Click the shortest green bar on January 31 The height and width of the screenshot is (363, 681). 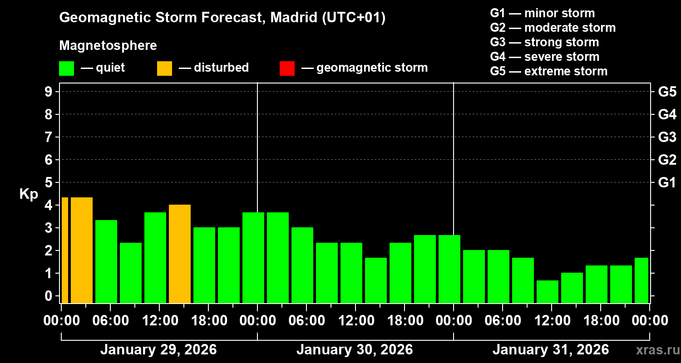547,291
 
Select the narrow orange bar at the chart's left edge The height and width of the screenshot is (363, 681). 64,250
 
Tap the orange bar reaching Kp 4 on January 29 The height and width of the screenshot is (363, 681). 179,254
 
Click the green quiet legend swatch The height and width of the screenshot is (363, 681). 66,69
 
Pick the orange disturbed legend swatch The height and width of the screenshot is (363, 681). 164,69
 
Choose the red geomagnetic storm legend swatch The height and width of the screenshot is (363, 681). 287,69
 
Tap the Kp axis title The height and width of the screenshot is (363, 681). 29,194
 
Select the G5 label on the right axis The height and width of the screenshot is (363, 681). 667,92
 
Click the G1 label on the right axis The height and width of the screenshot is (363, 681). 667,182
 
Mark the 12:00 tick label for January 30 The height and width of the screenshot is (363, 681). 355,321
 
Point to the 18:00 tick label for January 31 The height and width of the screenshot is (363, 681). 600,321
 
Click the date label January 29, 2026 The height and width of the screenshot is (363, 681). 158,350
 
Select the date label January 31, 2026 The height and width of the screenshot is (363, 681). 551,350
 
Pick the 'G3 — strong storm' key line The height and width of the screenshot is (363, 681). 544,42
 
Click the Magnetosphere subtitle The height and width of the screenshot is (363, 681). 108,46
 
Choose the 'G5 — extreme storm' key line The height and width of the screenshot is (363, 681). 548,71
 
